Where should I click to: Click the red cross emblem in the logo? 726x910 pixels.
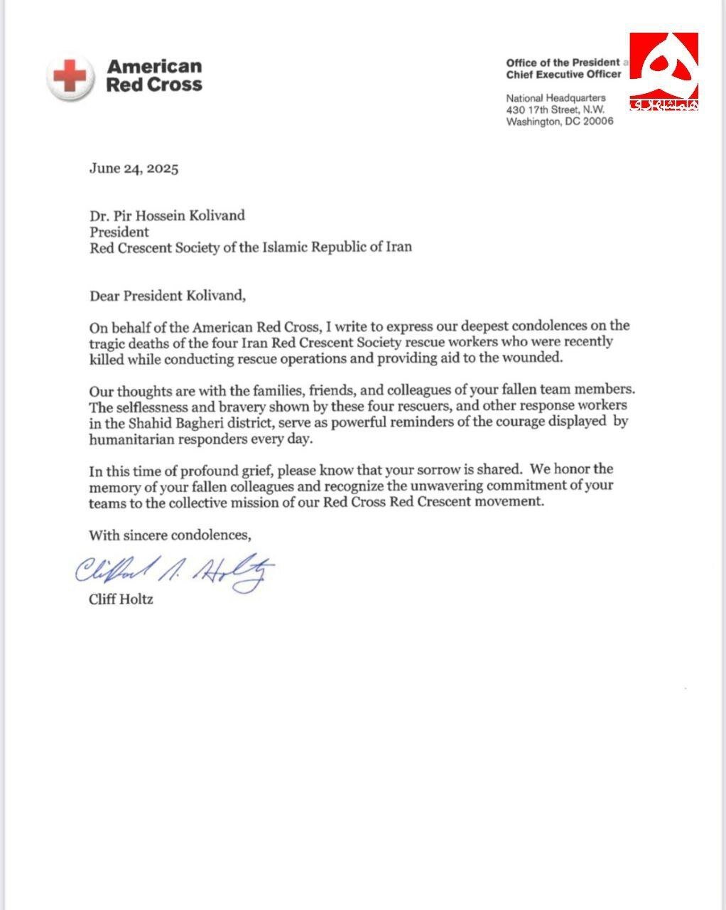(70, 75)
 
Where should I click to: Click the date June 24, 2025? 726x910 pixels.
(134, 168)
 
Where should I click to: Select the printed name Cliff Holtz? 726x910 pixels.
(121, 599)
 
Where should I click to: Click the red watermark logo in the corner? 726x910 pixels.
(663, 71)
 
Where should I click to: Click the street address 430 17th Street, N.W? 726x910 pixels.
(556, 109)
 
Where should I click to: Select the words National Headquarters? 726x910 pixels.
(556, 97)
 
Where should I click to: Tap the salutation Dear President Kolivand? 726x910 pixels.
(168, 295)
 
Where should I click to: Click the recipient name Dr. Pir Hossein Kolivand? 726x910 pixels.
(167, 215)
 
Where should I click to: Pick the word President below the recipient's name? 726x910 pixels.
(119, 232)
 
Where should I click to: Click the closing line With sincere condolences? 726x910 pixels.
(170, 534)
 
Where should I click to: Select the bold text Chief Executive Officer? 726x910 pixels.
(563, 74)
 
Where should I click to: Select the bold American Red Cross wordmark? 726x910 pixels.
(154, 75)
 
